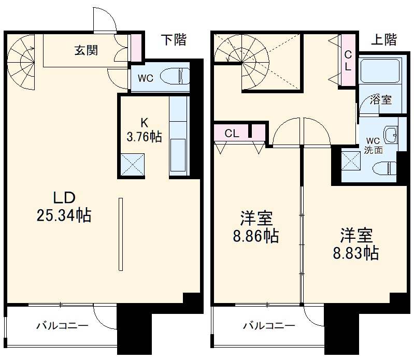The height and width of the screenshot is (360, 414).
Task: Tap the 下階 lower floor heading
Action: click(173, 40)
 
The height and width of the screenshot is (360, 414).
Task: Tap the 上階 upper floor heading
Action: click(384, 40)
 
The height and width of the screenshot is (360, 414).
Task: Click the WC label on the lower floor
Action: click(145, 79)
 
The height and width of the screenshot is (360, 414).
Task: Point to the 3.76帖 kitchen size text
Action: click(145, 137)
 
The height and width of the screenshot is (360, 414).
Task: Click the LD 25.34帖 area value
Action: click(64, 215)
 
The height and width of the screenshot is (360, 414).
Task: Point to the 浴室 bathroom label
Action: click(380, 100)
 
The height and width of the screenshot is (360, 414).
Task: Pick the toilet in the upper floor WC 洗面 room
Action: click(383, 167)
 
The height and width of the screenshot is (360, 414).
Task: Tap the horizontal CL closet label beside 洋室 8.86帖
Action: click(232, 133)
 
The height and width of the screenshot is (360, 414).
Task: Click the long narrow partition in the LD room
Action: click(121, 234)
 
